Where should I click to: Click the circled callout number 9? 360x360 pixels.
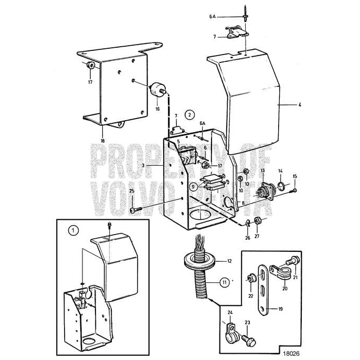coord(194,185)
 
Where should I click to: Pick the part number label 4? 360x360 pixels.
coord(300,105)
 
